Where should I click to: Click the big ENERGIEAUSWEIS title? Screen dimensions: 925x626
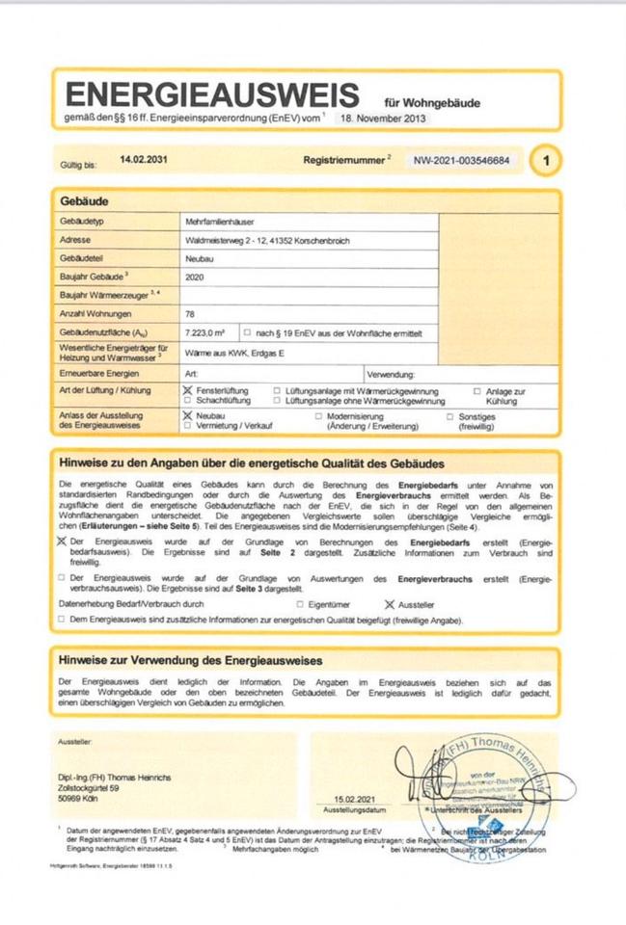[x=211, y=94]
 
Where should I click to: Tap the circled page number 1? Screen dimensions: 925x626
[x=547, y=160]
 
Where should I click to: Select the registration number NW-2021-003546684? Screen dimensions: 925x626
[x=462, y=160]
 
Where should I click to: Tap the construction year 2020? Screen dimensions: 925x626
[x=194, y=277]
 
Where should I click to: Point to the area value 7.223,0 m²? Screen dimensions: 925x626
[x=204, y=332]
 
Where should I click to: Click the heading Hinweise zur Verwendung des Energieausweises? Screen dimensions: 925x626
[x=191, y=660]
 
